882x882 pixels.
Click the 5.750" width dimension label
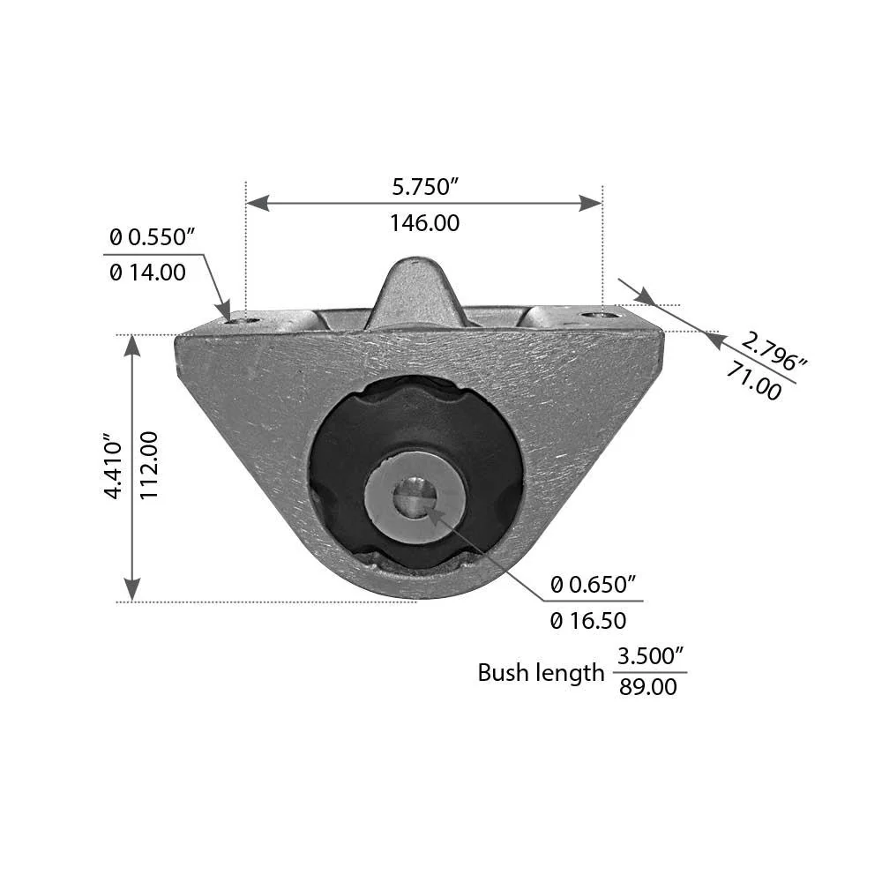(x=426, y=187)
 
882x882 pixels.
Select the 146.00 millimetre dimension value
(x=425, y=223)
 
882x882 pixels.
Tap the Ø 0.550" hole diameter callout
(x=153, y=237)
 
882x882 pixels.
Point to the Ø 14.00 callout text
(x=147, y=273)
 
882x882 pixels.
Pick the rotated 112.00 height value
(x=148, y=465)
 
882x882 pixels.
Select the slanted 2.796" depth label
(x=773, y=352)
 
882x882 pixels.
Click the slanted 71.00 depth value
(x=754, y=381)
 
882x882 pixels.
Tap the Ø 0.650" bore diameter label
(x=594, y=585)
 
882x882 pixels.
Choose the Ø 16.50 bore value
(x=588, y=621)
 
